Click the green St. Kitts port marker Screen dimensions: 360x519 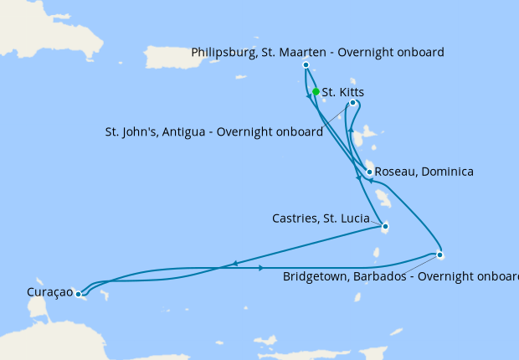tap(316, 92)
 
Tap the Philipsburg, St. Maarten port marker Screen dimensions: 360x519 tap(306, 64)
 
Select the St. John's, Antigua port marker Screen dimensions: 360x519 tap(352, 103)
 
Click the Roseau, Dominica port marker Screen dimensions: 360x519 tap(369, 172)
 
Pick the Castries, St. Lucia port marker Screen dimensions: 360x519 tap(384, 226)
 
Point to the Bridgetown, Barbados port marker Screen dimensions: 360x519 tap(439, 255)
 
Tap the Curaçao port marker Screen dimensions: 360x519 tap(78, 294)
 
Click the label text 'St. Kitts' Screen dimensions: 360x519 tap(342, 92)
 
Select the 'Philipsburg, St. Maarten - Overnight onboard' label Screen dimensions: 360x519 tap(317, 52)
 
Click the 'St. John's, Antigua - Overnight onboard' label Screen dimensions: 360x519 tap(214, 132)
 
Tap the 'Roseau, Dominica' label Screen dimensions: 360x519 tap(424, 172)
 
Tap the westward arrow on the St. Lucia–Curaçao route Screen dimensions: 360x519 tap(235, 263)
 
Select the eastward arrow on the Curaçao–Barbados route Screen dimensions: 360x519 tap(262, 268)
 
